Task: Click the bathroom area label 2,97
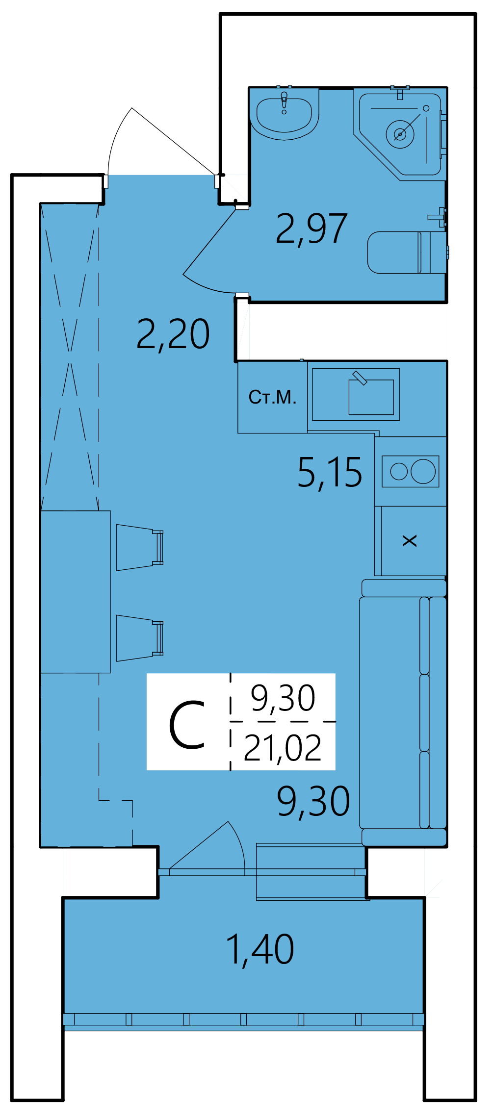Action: [312, 229]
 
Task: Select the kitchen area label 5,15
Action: [330, 473]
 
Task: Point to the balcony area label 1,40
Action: [260, 950]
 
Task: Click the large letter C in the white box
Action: [187, 725]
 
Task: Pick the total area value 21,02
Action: [283, 748]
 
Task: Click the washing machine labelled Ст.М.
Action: [273, 397]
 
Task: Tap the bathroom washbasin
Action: [285, 113]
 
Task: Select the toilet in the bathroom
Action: [407, 252]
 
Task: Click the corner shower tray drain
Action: [400, 134]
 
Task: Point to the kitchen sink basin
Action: [371, 397]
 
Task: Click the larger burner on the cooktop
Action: [423, 471]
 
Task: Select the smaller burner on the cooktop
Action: [399, 472]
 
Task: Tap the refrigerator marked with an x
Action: [414, 541]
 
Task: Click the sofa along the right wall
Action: [404, 713]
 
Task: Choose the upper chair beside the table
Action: [140, 547]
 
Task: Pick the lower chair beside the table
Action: [140, 638]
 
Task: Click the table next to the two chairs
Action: [76, 592]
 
